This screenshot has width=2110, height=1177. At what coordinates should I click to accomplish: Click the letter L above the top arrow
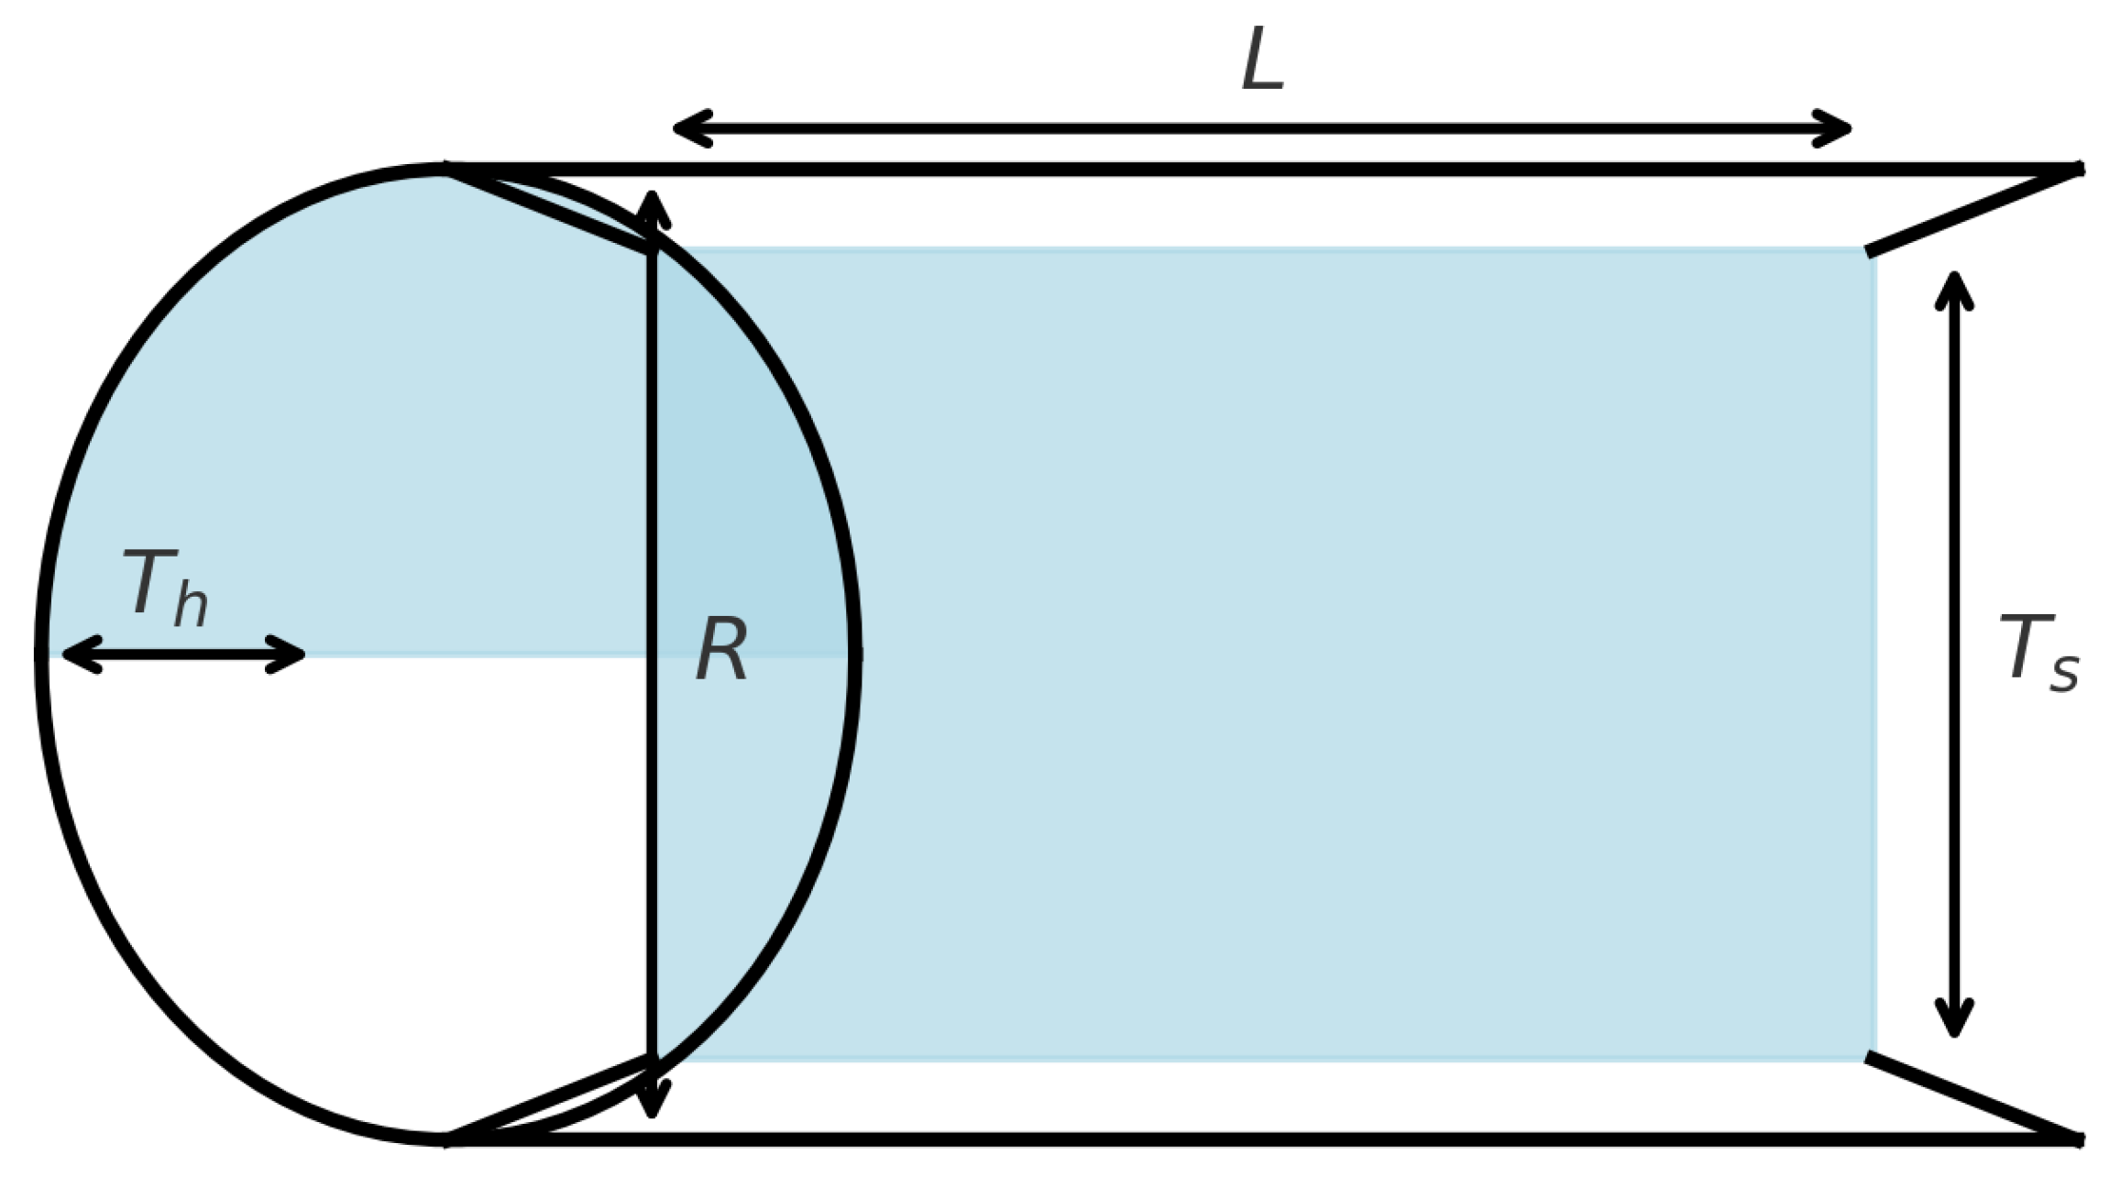tap(1262, 60)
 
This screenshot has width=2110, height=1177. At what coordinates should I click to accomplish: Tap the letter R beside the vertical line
tap(721, 650)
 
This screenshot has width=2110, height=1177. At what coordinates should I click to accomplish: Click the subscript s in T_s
tap(2064, 672)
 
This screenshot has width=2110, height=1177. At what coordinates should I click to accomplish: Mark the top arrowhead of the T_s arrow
tap(1954, 284)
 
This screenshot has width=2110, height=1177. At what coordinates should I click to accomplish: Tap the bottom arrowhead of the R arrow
tap(652, 1104)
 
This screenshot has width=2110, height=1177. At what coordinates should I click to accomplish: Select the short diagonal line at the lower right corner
tap(1971, 1098)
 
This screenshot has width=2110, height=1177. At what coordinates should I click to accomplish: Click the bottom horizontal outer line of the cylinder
tap(1283, 1139)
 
